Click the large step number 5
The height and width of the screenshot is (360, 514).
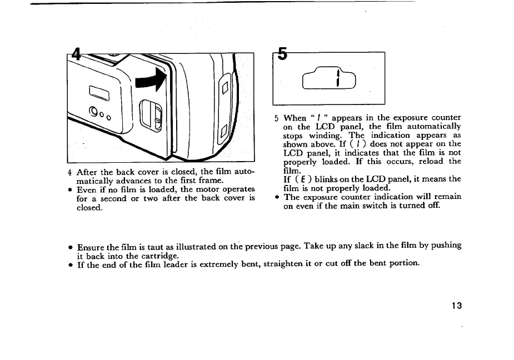pyautogui.click(x=283, y=54)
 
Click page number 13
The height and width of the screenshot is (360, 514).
pyautogui.click(x=457, y=306)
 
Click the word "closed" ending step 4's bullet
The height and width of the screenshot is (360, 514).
pyautogui.click(x=89, y=207)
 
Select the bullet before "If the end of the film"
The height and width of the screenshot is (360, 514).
pyautogui.click(x=70, y=264)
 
